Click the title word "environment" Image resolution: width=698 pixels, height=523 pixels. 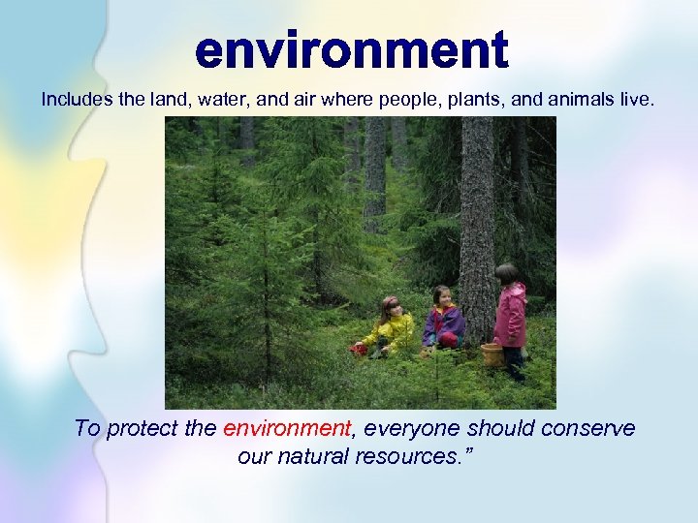351,50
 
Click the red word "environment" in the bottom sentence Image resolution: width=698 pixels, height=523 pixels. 286,428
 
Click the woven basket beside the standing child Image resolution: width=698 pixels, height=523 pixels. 492,354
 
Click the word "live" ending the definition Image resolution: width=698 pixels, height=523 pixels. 640,99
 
